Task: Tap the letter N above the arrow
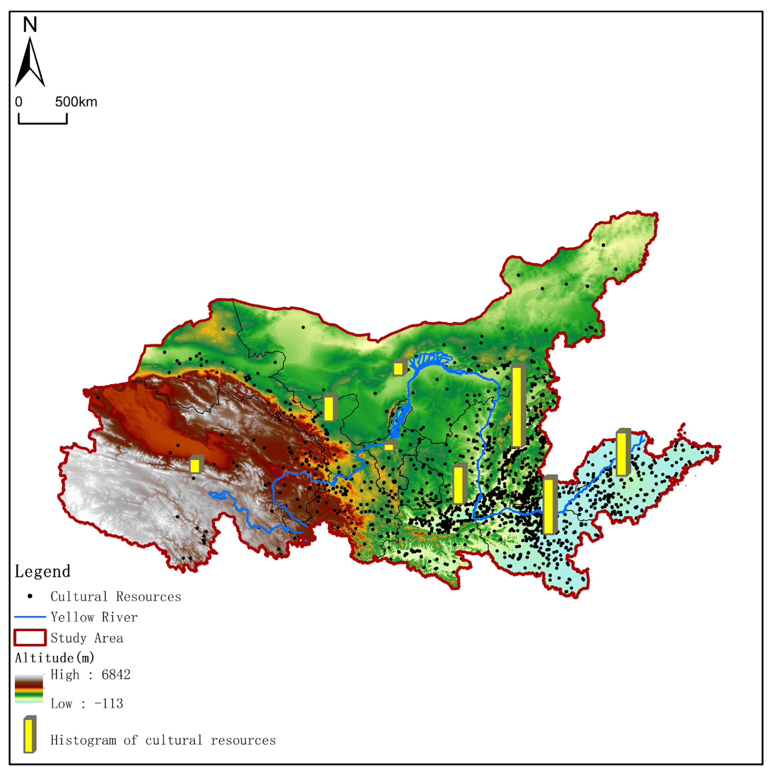tap(30, 25)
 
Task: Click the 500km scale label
tap(76, 102)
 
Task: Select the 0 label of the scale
tap(18, 102)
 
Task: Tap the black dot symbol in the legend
tap(30, 596)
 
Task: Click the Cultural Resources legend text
tap(116, 597)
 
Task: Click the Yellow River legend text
tap(94, 617)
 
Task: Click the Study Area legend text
tap(87, 638)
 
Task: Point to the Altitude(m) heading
tap(55, 658)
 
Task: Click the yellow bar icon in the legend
tap(30, 734)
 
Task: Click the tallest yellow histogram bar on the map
tap(518, 406)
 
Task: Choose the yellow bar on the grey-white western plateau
tap(196, 465)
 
